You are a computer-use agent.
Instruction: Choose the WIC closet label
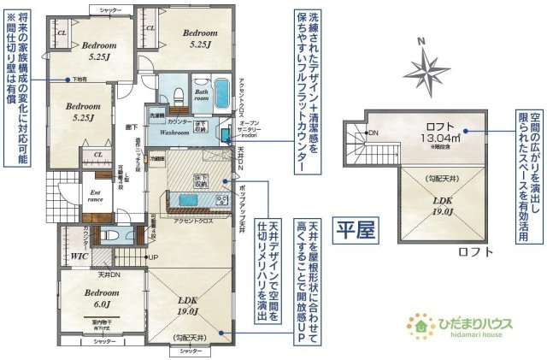tap(80, 255)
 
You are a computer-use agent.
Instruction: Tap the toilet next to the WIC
tap(111, 236)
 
